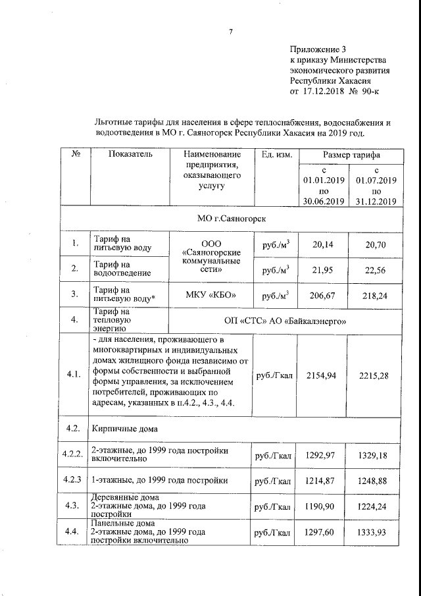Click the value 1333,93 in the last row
[374, 531]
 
